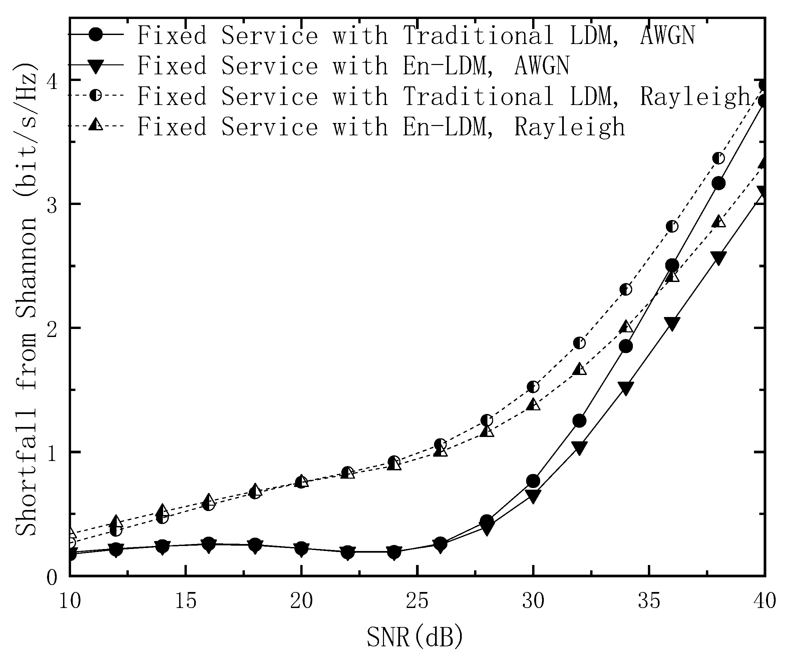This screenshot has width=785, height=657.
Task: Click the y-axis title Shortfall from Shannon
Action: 26,299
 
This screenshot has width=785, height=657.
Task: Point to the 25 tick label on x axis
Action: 417,602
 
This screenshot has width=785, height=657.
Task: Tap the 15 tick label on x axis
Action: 186,602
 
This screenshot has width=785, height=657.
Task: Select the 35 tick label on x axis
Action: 649,602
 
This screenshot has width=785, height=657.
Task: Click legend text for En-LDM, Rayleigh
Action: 381,127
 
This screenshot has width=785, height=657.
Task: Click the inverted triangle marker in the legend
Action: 96,66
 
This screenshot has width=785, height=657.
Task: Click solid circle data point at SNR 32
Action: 579,421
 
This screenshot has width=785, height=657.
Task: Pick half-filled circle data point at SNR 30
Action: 533,387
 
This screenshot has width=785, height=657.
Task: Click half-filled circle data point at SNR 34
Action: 626,289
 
